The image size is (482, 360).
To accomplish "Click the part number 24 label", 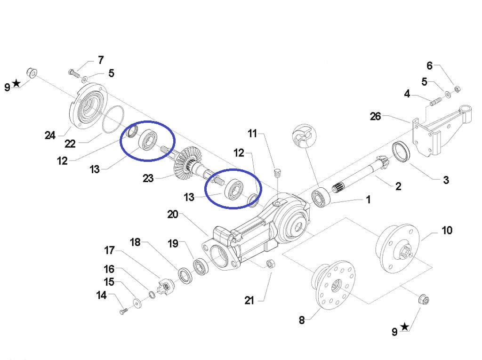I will (50, 136).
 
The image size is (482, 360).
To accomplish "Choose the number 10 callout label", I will (446, 230).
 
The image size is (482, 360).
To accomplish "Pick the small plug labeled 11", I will (277, 171).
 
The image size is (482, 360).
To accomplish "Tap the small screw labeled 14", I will (123, 311).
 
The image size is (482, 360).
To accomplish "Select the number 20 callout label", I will (173, 214).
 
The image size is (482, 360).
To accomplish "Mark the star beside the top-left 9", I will (16, 83).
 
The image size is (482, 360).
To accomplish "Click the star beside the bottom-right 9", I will (405, 327).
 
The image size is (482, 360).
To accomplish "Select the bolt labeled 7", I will (72, 72).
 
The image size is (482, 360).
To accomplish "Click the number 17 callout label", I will (109, 249).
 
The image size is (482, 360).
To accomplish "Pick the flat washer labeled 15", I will (136, 303).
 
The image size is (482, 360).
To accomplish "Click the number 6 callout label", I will (429, 66).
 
